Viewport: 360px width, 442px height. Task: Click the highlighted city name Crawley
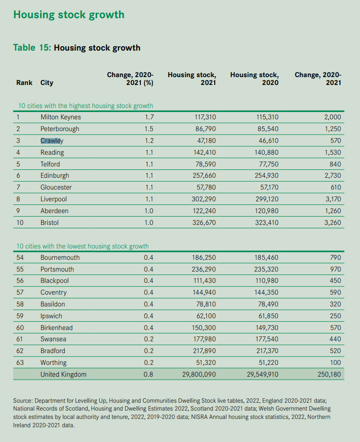click(52, 140)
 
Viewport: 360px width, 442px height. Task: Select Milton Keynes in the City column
click(60, 117)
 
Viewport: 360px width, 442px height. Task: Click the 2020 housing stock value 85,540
click(266, 129)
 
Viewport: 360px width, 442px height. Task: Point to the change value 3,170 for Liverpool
click(331, 199)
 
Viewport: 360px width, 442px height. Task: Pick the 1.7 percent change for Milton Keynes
click(149, 117)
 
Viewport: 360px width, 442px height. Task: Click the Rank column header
click(24, 83)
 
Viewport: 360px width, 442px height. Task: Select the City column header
click(47, 83)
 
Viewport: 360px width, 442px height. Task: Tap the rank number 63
click(20, 363)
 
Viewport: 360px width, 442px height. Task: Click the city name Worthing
click(54, 363)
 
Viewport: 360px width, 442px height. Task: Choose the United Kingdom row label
click(63, 375)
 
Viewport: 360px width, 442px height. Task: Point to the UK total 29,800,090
click(195, 375)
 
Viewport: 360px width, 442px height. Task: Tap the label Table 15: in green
click(31, 48)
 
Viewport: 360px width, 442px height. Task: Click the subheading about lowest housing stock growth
click(83, 246)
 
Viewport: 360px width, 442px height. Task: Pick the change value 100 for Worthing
click(335, 363)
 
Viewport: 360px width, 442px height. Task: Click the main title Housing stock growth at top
click(69, 15)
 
